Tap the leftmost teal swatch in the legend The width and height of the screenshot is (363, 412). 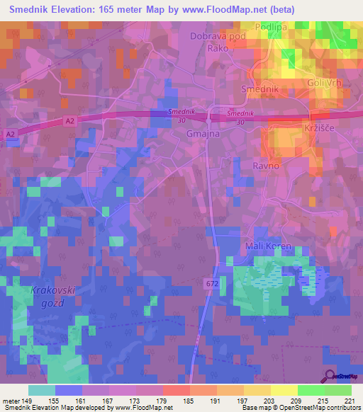coord(42,389)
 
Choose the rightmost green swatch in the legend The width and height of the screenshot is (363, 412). coord(338,389)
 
